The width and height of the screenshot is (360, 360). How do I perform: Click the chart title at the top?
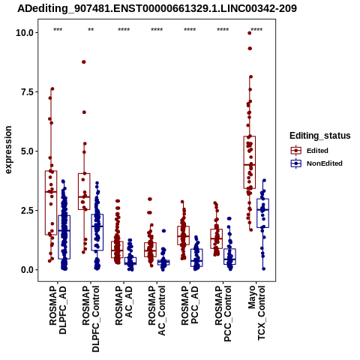[x=157, y=8]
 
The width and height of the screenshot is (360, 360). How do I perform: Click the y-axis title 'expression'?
[x=8, y=150]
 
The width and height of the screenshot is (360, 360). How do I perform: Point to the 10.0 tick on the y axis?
[x=25, y=32]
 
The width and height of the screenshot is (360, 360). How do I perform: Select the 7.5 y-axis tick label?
[x=27, y=92]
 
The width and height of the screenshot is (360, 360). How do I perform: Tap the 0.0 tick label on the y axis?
[x=27, y=270]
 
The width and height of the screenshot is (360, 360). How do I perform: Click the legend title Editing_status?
[x=320, y=136]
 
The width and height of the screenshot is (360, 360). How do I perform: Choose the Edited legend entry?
[x=317, y=151]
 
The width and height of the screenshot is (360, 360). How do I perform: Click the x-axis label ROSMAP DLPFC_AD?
[x=58, y=310]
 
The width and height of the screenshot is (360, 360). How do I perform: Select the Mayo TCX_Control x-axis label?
[x=256, y=313]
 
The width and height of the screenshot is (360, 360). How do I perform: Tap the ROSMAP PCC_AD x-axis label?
[x=190, y=305]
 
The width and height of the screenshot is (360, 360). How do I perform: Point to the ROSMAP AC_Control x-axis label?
[x=157, y=310]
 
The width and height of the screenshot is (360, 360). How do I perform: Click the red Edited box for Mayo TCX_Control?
[x=250, y=163]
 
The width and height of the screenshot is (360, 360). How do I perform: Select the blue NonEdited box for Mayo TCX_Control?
[x=262, y=213]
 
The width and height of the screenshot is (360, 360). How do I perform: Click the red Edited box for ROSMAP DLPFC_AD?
[x=51, y=202]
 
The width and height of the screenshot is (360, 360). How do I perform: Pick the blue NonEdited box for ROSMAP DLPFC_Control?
[x=97, y=232]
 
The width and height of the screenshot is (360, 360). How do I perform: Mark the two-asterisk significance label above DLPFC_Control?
[x=91, y=30]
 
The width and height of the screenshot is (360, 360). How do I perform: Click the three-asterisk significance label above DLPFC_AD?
[x=58, y=30]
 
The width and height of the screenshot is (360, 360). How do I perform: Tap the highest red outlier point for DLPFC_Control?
[x=84, y=62]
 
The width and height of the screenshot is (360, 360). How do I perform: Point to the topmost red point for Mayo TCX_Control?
[x=249, y=33]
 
